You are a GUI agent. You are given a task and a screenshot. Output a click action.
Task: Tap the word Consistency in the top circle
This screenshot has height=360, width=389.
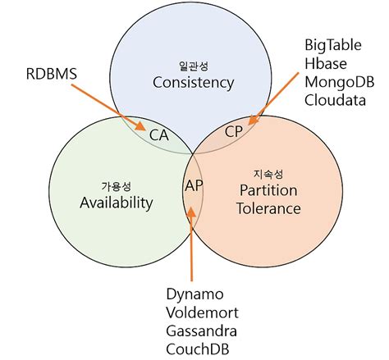(194, 82)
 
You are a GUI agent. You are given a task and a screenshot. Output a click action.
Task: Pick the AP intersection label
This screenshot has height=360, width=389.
(194, 185)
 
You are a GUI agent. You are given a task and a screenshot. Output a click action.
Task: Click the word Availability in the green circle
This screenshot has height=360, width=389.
(116, 202)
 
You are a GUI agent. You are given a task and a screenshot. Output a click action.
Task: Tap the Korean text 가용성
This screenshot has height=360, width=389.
(116, 184)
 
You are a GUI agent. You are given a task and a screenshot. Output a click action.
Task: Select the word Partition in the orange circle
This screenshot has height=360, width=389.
(268, 189)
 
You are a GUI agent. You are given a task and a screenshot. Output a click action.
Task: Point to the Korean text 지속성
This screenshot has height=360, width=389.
(268, 172)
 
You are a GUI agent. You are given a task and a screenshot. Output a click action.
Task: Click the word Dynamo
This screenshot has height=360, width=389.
(194, 294)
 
